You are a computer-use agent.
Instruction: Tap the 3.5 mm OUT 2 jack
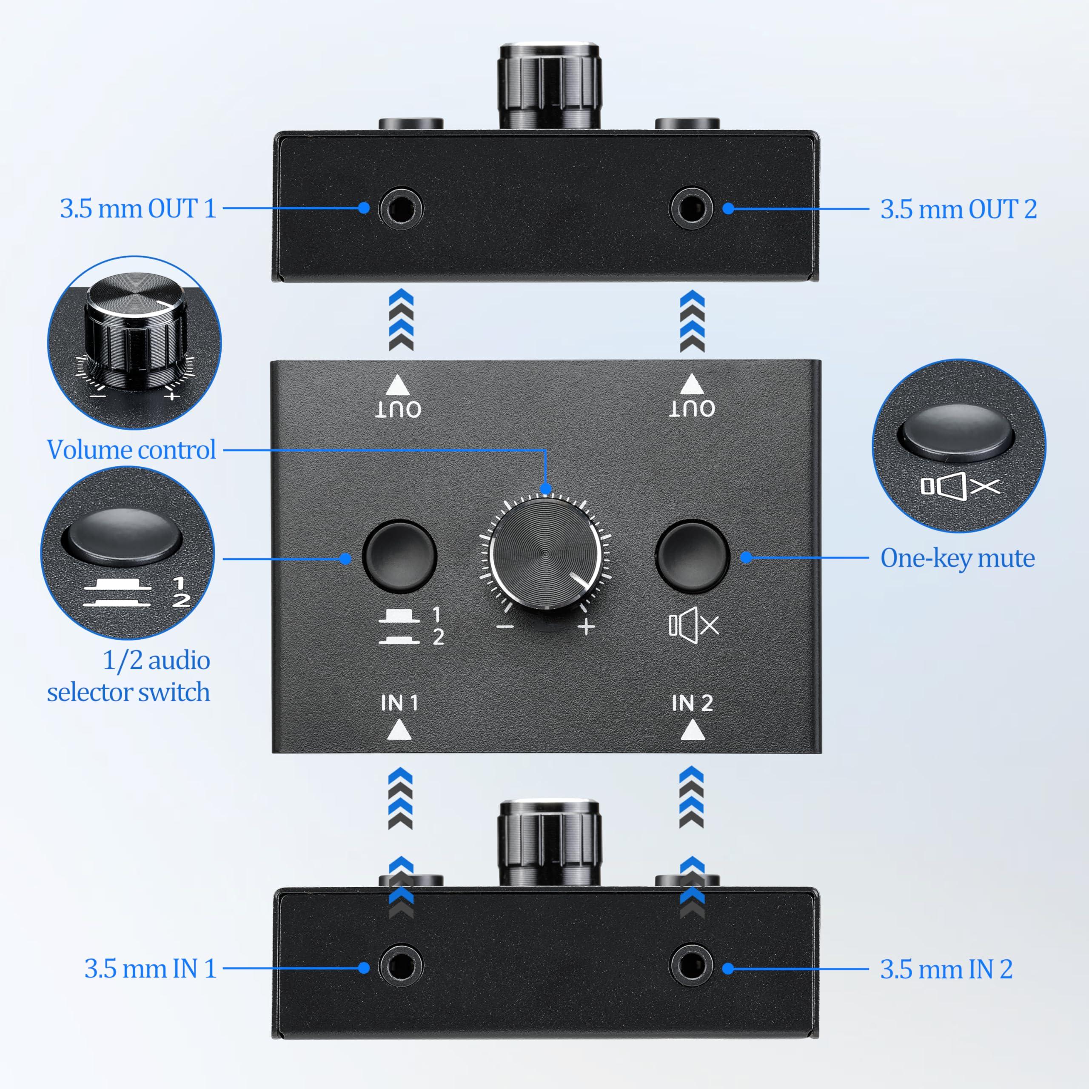point(691,208)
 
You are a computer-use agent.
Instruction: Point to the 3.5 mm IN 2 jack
point(691,967)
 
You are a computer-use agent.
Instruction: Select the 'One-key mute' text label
point(957,558)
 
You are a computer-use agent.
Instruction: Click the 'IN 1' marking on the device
point(399,703)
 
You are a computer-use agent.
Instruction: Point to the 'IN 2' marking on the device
point(692,703)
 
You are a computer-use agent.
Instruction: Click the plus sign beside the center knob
point(586,627)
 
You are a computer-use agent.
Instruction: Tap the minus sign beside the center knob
point(505,627)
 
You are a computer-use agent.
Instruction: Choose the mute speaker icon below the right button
point(693,625)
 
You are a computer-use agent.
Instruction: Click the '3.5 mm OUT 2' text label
point(958,209)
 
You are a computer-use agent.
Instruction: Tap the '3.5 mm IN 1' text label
point(151,969)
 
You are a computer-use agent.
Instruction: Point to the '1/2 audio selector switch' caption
point(129,676)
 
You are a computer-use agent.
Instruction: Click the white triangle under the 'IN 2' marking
point(692,732)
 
